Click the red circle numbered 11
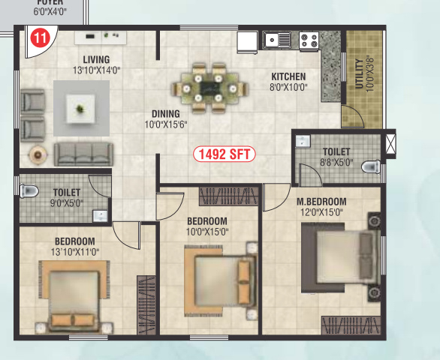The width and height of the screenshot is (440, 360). click(x=38, y=35)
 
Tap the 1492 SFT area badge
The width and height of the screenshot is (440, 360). click(x=225, y=154)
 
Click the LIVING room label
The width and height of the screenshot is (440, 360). click(x=96, y=59)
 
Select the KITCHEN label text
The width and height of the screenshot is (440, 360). click(x=288, y=76)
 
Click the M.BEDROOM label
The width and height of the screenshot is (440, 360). click(x=321, y=202)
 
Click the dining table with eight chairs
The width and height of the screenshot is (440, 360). click(x=204, y=84)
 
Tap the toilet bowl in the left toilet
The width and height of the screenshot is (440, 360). click(x=29, y=192)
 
